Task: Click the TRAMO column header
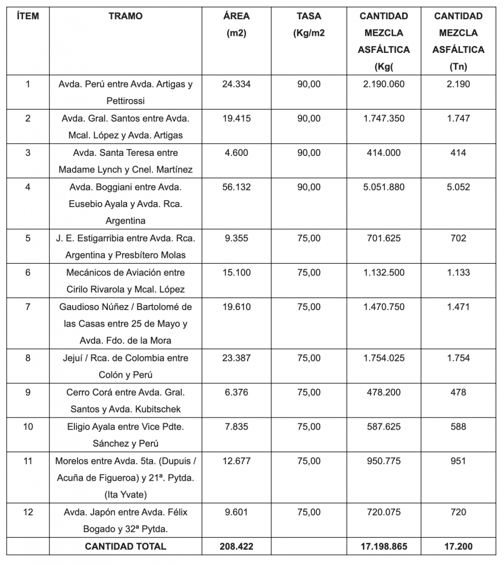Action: click(125, 17)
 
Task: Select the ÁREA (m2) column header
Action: click(236, 24)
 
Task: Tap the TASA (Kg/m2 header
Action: click(309, 24)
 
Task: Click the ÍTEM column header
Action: click(28, 17)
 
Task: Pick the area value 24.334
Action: click(236, 84)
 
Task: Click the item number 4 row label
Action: click(28, 187)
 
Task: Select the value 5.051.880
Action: click(384, 187)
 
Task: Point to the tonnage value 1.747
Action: click(458, 118)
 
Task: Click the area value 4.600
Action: click(236, 153)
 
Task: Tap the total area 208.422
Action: click(236, 546)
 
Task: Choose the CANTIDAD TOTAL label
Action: click(125, 546)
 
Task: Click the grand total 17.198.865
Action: click(384, 546)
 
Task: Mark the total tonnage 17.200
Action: click(458, 546)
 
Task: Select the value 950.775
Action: click(384, 460)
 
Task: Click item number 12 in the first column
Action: click(28, 512)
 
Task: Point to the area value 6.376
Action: click(236, 392)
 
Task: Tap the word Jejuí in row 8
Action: click(76, 358)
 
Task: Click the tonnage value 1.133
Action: click(458, 273)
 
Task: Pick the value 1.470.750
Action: click(384, 307)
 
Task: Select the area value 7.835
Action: click(236, 426)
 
